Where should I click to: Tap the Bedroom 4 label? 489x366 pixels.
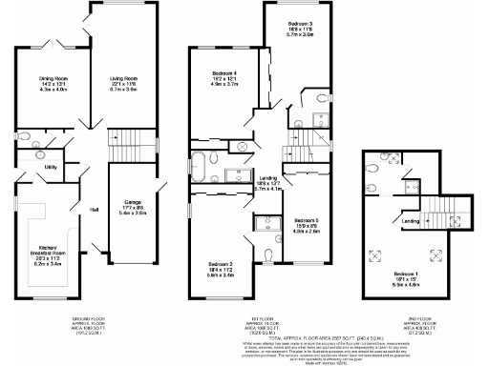[224, 74]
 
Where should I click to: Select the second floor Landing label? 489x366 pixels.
[411, 222]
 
